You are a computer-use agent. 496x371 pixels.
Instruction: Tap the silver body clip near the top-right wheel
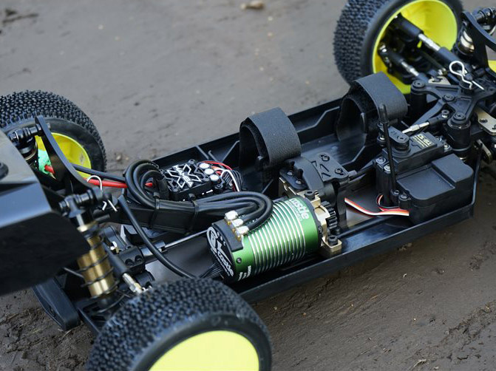click(461, 71)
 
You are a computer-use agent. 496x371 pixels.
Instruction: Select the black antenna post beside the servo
click(385, 137)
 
